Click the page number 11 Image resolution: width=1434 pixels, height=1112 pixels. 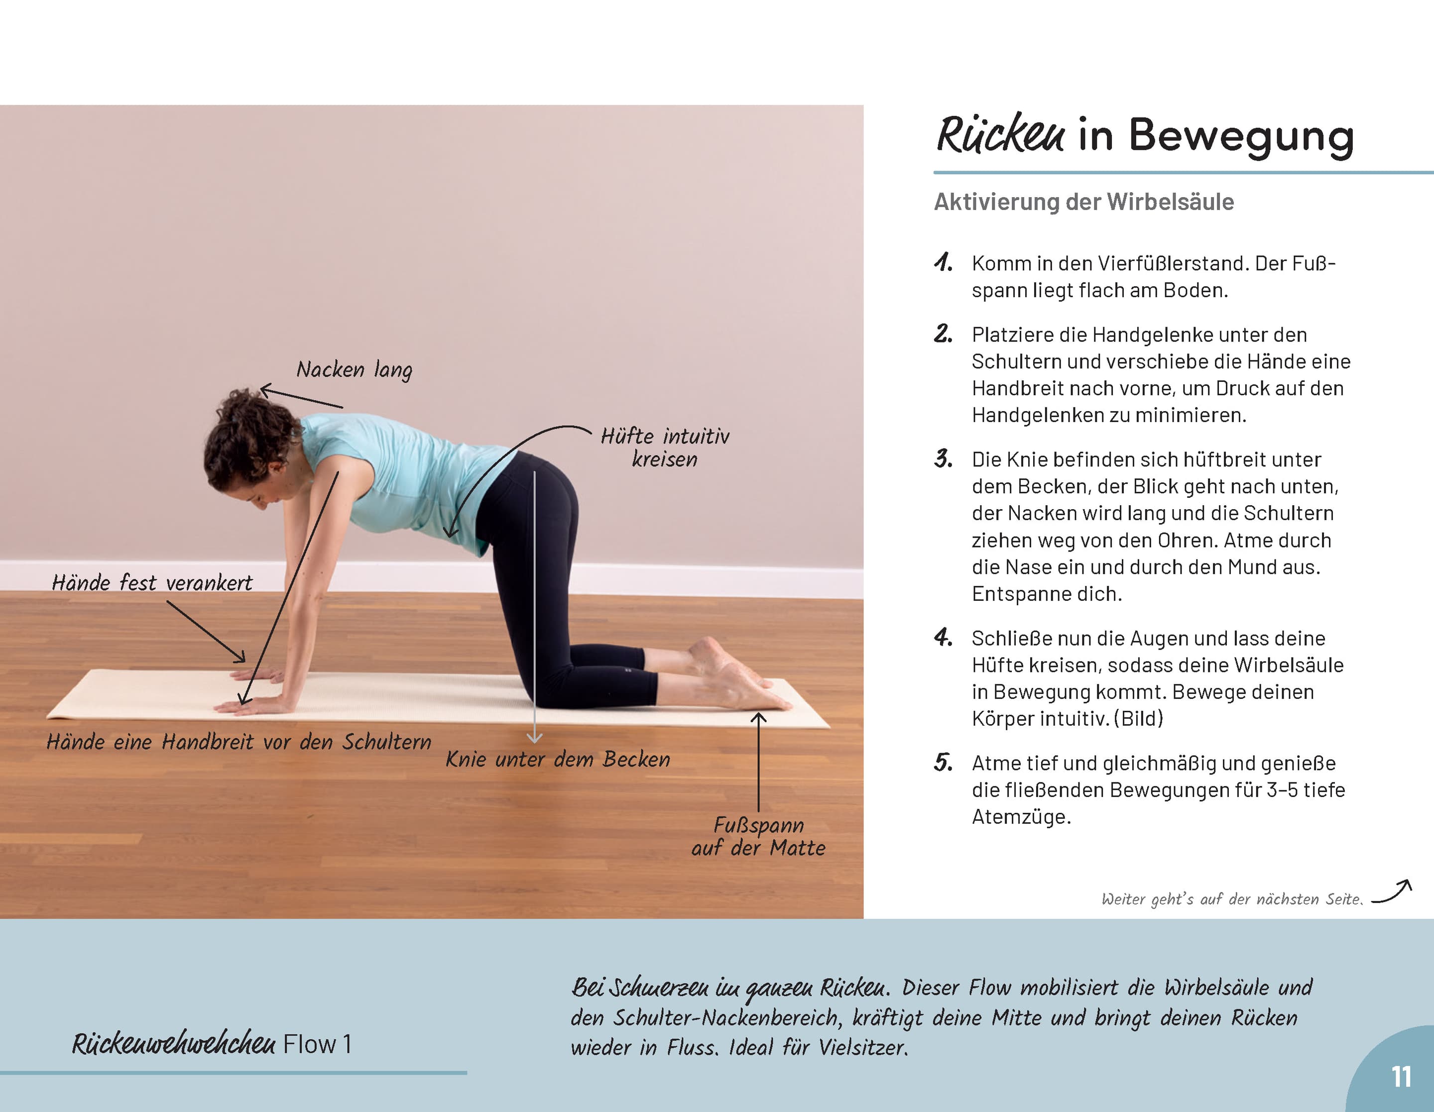coord(1401,1077)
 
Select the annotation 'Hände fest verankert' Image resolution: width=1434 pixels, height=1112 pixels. coord(152,583)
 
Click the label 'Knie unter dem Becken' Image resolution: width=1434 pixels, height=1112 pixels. coord(558,760)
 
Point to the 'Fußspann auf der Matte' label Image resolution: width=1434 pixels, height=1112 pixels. coord(758,836)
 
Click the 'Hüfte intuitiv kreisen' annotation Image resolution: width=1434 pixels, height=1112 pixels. coord(665,447)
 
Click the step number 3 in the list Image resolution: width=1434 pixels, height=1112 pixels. coord(944,458)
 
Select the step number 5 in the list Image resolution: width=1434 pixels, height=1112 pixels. coord(944,762)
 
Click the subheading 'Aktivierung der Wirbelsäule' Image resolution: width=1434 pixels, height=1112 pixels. coord(1083,202)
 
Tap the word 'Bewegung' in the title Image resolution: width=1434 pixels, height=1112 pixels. coord(1240,136)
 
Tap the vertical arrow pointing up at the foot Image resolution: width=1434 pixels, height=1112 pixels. coord(758,762)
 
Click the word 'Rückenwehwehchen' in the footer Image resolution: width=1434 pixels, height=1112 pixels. coord(173,1044)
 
